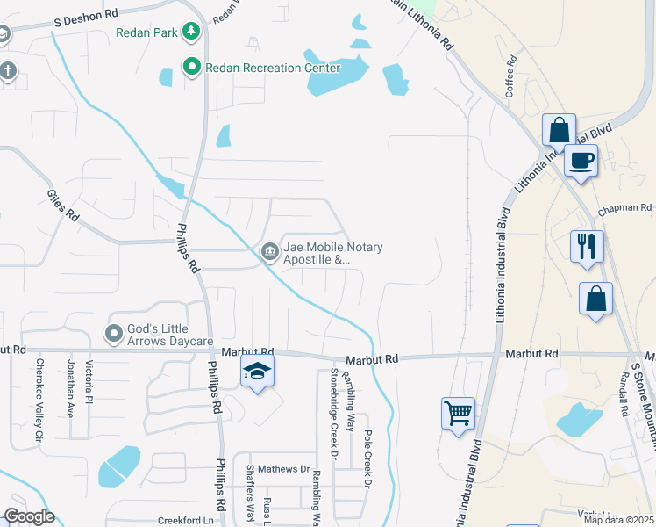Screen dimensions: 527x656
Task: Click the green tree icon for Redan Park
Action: (189, 32)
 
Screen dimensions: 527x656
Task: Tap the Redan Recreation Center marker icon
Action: (189, 67)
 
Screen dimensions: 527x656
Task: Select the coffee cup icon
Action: (580, 162)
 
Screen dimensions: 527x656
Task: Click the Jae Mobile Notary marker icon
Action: (269, 253)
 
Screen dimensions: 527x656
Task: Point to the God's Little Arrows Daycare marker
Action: (113, 334)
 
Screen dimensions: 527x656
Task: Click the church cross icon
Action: (8, 71)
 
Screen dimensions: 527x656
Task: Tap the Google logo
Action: (29, 516)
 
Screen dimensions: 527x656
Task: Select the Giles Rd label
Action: (62, 206)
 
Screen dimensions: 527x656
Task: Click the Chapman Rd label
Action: (625, 209)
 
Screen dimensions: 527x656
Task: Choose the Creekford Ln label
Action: (185, 520)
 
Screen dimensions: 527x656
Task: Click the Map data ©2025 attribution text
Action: (618, 520)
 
